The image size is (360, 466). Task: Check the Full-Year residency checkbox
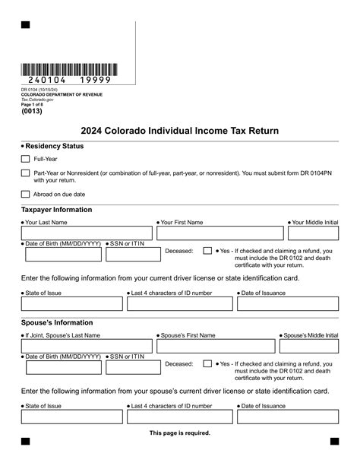25,159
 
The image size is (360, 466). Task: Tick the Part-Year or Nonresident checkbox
25,173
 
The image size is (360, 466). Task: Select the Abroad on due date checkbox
25,194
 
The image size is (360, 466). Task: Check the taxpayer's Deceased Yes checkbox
207,250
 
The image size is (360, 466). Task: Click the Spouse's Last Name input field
87,347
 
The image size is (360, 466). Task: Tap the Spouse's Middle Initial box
311,347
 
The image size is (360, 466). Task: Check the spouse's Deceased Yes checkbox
207,363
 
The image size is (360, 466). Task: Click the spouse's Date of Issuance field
287,417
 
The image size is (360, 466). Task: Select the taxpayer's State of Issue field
72,304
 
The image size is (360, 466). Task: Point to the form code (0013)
33,110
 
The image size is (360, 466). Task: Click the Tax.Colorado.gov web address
37,100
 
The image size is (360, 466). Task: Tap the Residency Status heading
54,146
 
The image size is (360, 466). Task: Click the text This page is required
180,433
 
